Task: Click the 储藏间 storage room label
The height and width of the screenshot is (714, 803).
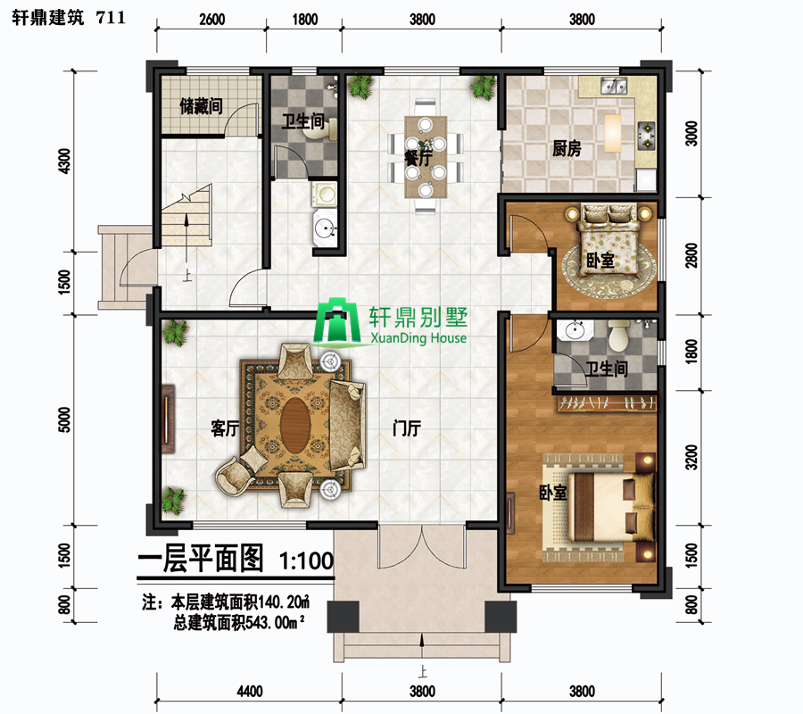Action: [201, 106]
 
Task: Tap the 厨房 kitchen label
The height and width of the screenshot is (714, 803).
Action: [567, 148]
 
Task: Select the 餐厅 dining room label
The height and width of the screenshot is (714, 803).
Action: [418, 158]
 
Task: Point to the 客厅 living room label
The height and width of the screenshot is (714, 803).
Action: [225, 428]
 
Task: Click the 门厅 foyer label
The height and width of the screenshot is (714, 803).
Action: [407, 428]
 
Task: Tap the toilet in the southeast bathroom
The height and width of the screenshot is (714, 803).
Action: [619, 335]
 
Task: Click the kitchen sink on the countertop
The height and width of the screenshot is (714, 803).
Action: [613, 86]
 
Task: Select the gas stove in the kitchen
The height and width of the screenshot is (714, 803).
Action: [646, 136]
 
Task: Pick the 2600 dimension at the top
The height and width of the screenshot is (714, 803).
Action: [211, 20]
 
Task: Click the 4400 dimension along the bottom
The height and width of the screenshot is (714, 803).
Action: [250, 692]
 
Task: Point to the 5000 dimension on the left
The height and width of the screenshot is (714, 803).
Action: [64, 419]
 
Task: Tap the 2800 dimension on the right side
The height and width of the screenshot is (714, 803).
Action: [691, 255]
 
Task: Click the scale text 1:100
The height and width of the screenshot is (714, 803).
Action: [306, 560]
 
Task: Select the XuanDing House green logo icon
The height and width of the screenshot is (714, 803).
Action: [337, 321]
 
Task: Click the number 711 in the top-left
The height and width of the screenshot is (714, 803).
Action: [111, 18]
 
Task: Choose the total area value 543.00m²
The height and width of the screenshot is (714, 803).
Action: [276, 622]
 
